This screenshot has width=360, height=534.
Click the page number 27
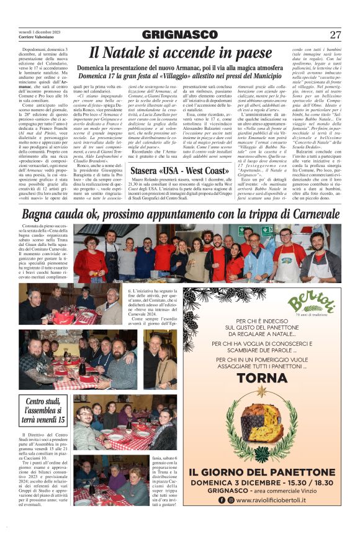point(335,35)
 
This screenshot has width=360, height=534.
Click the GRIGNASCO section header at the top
point(179,35)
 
